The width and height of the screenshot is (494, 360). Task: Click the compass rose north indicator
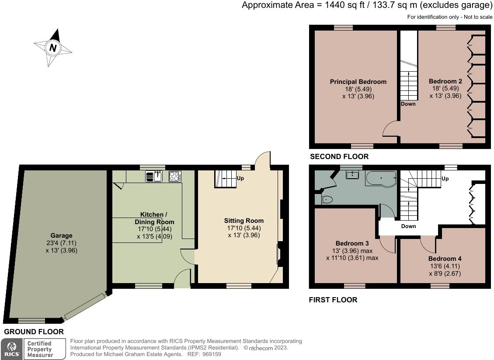coord(53,48)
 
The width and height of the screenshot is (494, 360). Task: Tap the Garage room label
coord(61,235)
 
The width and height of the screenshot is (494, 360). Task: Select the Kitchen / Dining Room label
coord(153,218)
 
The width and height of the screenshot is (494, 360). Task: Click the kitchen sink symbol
coord(154,176)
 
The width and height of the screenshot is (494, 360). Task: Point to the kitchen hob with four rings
coord(175,176)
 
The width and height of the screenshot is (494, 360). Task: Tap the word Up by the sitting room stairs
coord(240,178)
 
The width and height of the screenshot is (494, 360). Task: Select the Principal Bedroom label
coord(358,82)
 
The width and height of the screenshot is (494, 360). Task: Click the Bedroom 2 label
coord(445,81)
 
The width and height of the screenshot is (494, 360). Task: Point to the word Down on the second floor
coord(408,104)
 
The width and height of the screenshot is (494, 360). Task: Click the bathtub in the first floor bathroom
coord(381,178)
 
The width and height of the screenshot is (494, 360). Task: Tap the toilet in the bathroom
coord(327,199)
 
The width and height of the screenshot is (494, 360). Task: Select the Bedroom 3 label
coord(352,243)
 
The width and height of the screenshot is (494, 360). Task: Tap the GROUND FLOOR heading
coord(34,332)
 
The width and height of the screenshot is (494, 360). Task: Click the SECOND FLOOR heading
coord(339,156)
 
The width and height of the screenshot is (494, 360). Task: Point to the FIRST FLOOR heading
coord(333,300)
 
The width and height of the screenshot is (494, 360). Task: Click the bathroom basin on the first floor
coord(352,175)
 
